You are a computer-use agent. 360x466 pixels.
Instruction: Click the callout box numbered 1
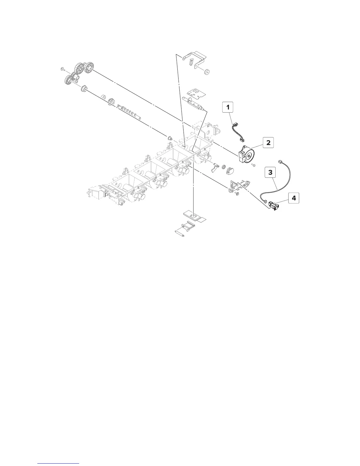pos(228,107)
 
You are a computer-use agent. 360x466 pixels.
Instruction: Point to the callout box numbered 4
pos(294,198)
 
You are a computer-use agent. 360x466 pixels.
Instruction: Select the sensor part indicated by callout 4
pos(274,205)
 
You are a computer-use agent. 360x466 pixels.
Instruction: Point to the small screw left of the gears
pos(62,69)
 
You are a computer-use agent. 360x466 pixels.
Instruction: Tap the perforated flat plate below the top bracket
pos(195,93)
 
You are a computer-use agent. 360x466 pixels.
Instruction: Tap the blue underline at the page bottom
pos(59,463)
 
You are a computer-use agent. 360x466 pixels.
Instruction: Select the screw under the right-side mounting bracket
pos(237,194)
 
